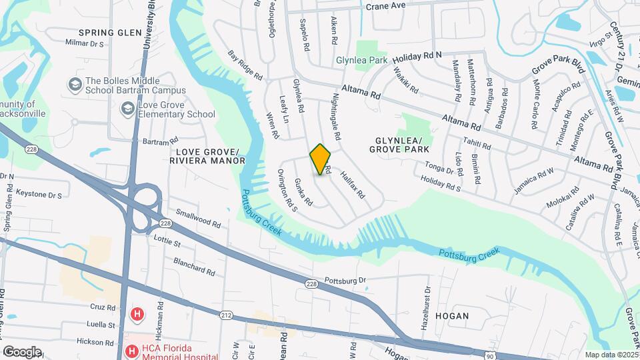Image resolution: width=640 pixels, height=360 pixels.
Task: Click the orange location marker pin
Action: point(321,159)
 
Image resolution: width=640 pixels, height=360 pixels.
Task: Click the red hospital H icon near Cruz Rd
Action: point(137,313)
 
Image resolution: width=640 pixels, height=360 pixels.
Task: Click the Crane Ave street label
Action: point(386,5)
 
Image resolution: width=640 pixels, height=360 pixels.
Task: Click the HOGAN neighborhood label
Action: point(453,315)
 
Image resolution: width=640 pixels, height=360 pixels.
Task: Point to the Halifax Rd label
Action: point(352,185)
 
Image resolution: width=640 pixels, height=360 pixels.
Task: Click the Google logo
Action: point(22,351)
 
